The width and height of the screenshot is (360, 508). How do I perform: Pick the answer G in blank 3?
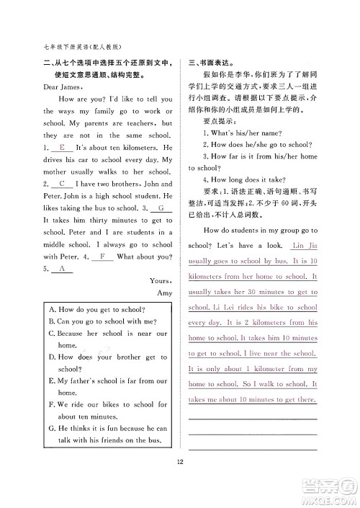click(x=160, y=208)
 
